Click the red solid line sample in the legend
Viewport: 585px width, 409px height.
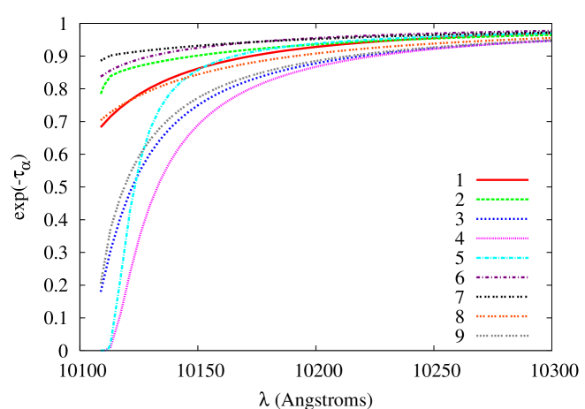[x=502, y=179]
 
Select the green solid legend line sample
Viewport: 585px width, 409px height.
[x=502, y=199]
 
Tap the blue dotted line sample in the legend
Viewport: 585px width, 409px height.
[x=502, y=218]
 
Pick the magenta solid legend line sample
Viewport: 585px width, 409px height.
[x=502, y=238]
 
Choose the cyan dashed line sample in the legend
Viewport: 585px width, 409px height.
[x=502, y=258]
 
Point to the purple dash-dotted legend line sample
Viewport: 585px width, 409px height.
[x=502, y=277]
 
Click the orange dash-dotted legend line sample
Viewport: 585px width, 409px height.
[x=502, y=316]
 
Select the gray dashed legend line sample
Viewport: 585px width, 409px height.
[x=502, y=336]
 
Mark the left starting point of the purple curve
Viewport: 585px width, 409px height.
[x=101, y=77]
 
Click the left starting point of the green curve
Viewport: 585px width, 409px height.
[x=101, y=93]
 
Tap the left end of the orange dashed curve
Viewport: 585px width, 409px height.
[x=101, y=119]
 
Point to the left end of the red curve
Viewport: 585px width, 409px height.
[x=101, y=127]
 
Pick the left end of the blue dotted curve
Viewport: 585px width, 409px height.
[x=101, y=290]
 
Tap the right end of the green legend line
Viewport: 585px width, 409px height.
[x=528, y=199]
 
